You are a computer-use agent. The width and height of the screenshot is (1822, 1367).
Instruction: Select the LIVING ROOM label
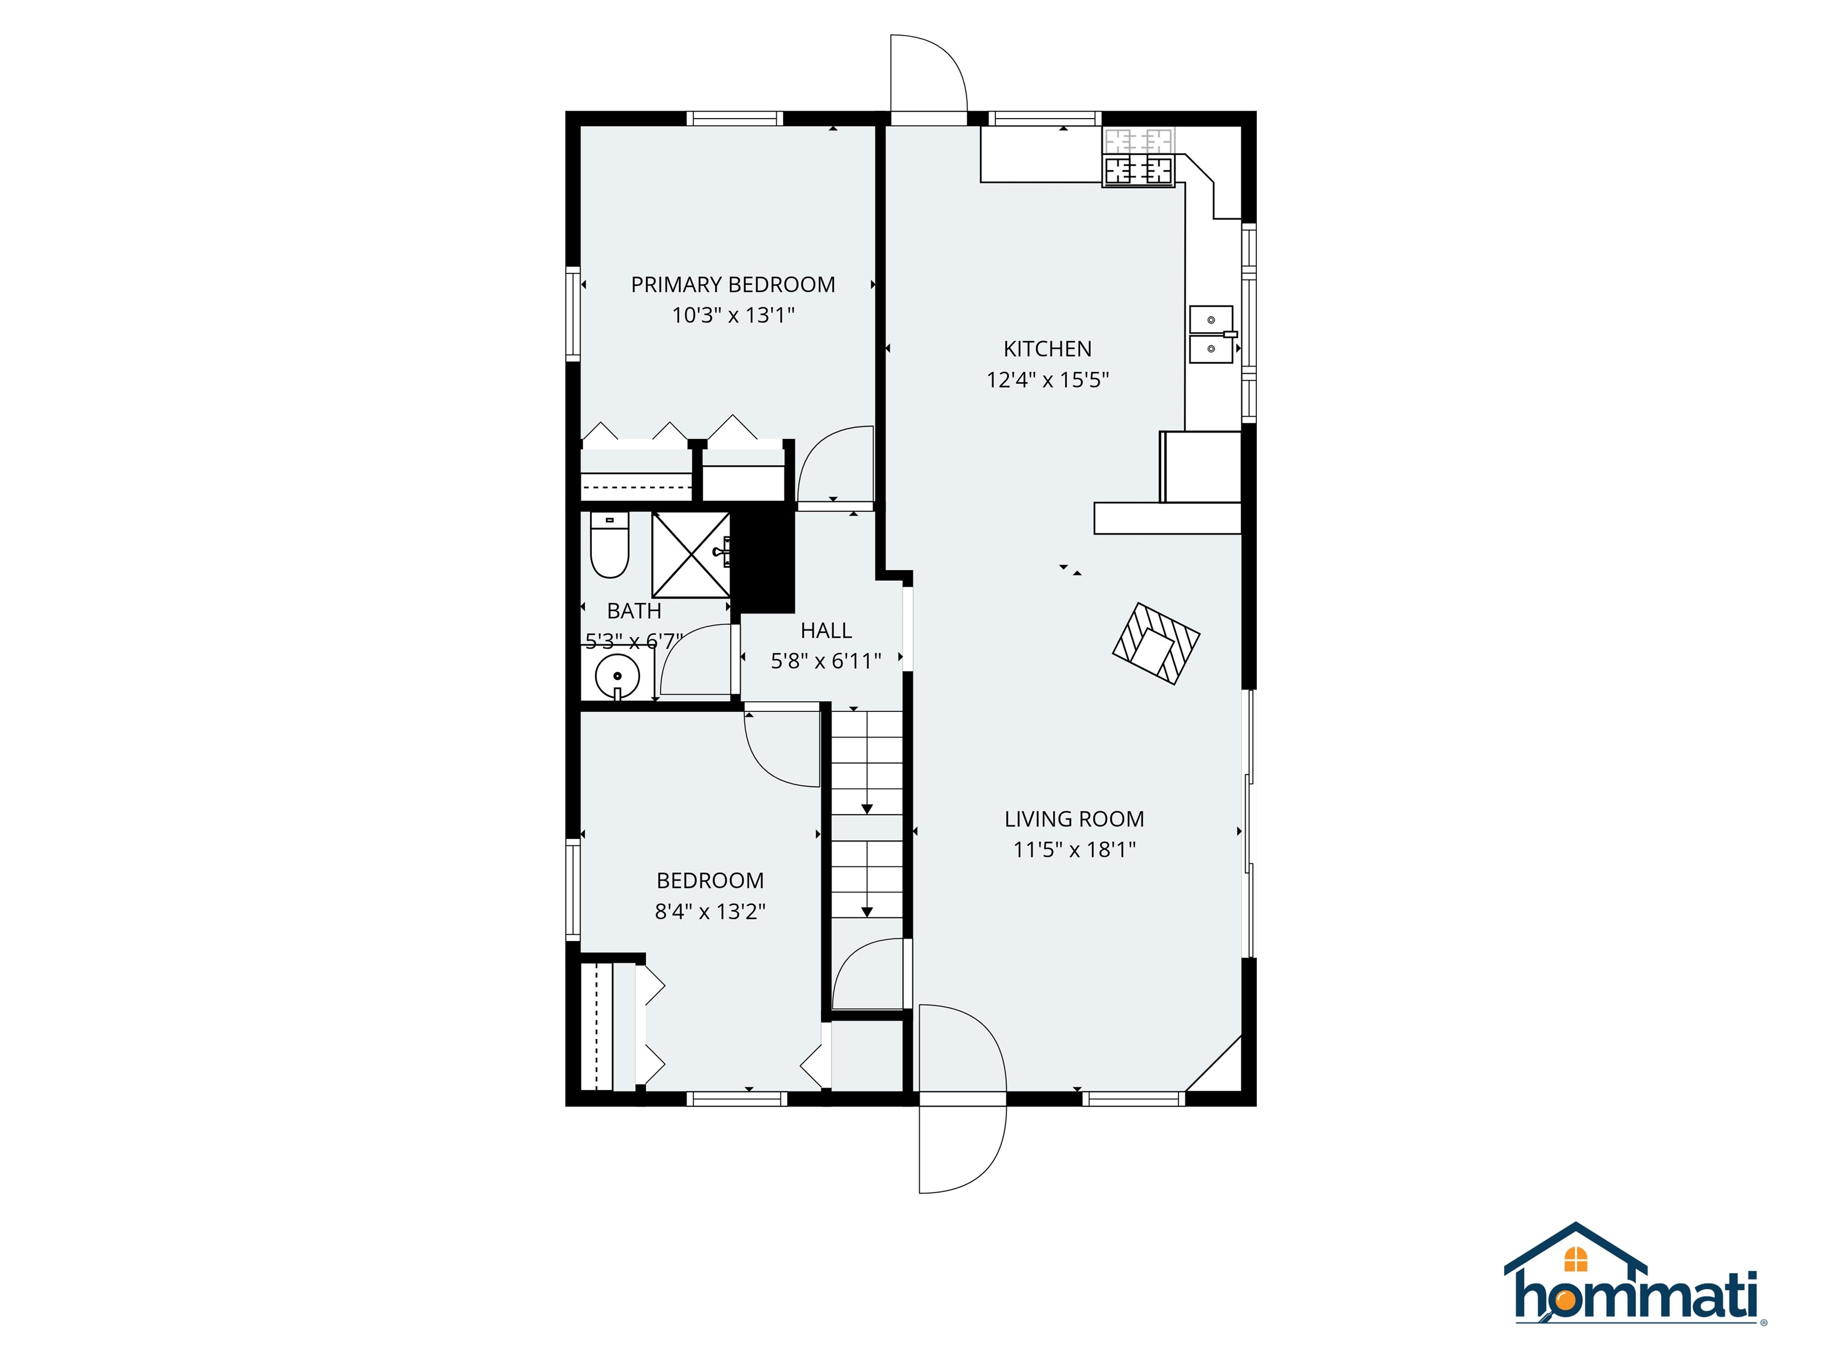click(x=1074, y=819)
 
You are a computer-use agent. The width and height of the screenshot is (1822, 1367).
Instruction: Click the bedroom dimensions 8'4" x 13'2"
click(x=710, y=911)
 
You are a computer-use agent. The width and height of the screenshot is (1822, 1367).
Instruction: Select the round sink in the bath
click(x=617, y=676)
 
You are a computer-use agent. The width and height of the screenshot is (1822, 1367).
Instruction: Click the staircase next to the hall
click(x=867, y=816)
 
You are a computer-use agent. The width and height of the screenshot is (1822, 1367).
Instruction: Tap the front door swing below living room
click(x=961, y=1145)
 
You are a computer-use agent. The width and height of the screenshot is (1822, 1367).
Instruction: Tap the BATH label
click(x=633, y=611)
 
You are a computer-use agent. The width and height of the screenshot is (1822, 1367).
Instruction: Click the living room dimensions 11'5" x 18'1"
click(x=1074, y=850)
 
